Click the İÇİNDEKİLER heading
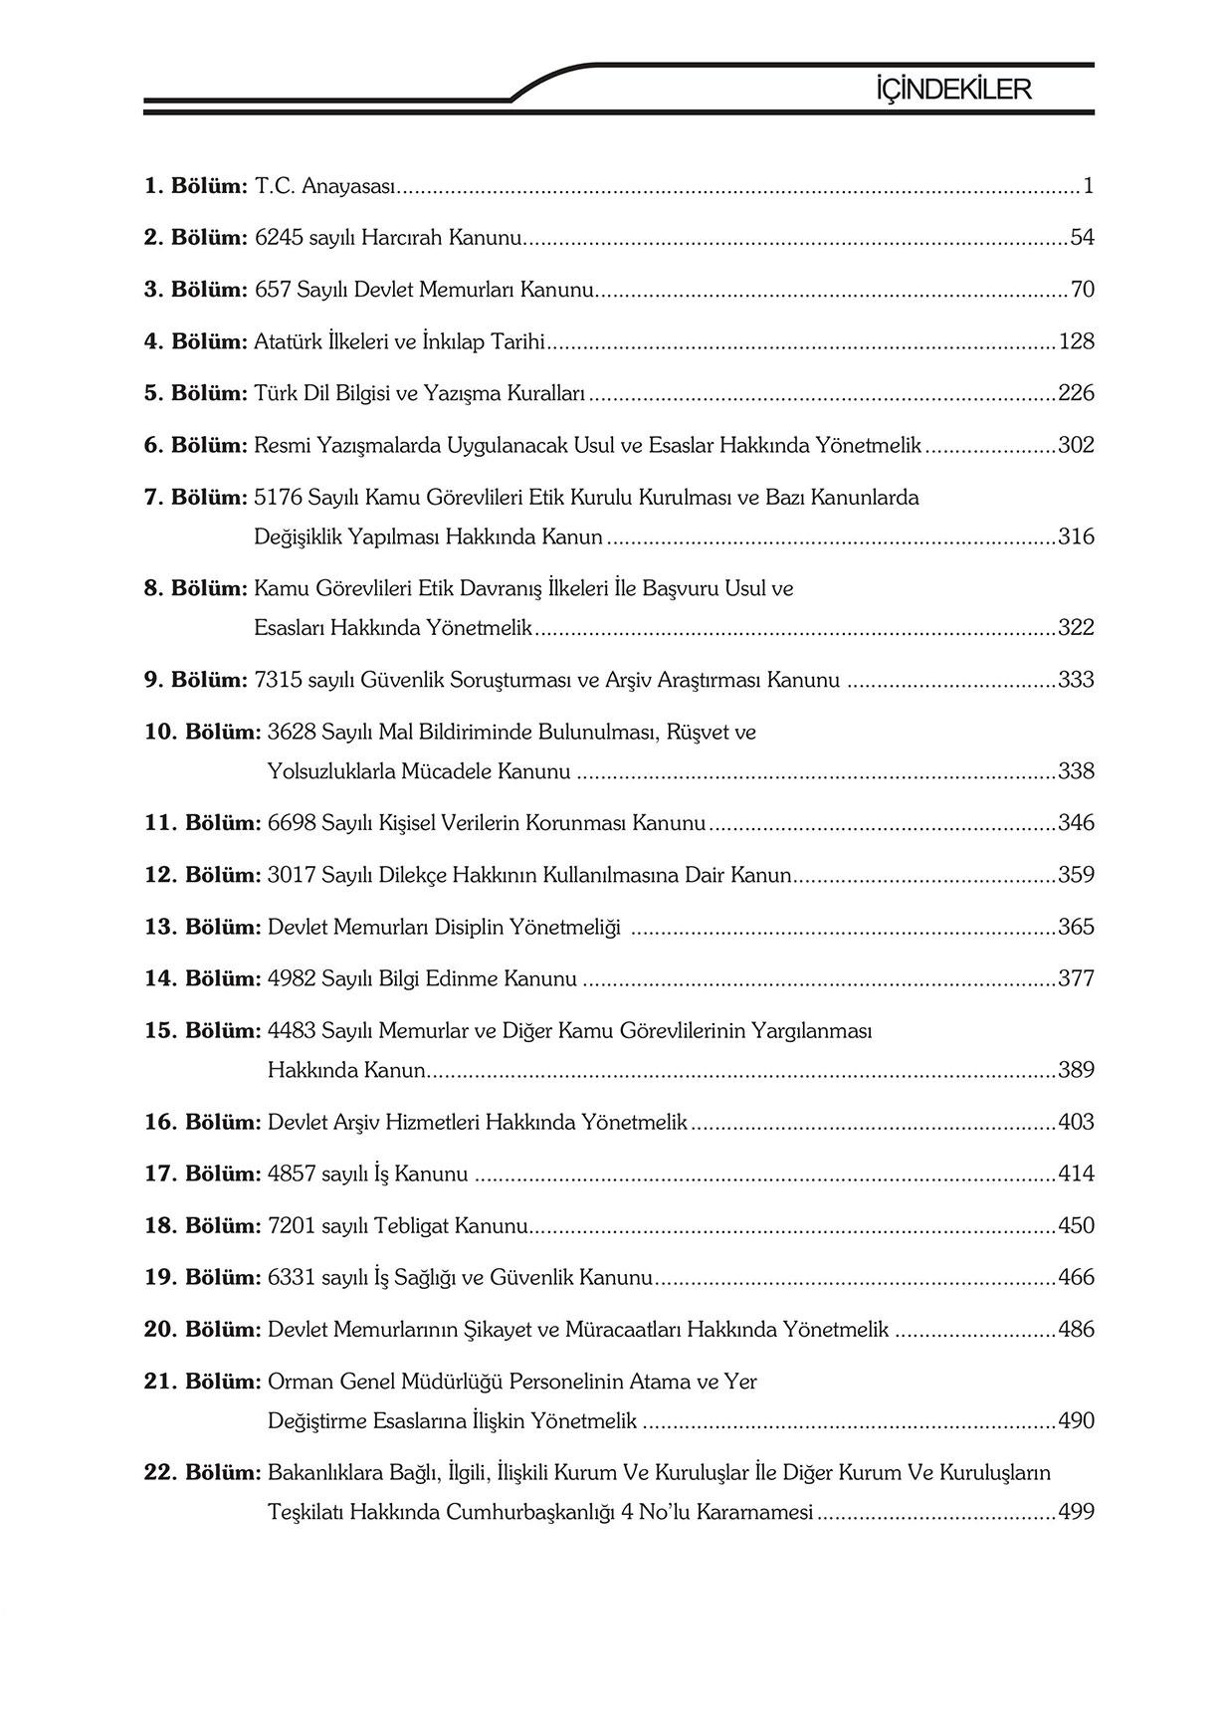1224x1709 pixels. point(952,90)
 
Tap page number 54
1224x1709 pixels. point(1082,238)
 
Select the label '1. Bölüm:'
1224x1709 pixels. point(195,186)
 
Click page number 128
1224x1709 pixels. point(1076,341)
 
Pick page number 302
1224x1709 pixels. point(1076,445)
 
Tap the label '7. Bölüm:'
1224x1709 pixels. point(195,497)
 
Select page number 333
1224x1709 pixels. point(1076,680)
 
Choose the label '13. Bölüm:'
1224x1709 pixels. point(202,927)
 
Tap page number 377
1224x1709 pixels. point(1076,978)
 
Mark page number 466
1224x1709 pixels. point(1076,1277)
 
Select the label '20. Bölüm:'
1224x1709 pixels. point(202,1329)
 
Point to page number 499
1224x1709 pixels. point(1076,1512)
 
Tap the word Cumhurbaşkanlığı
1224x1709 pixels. point(529,1512)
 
